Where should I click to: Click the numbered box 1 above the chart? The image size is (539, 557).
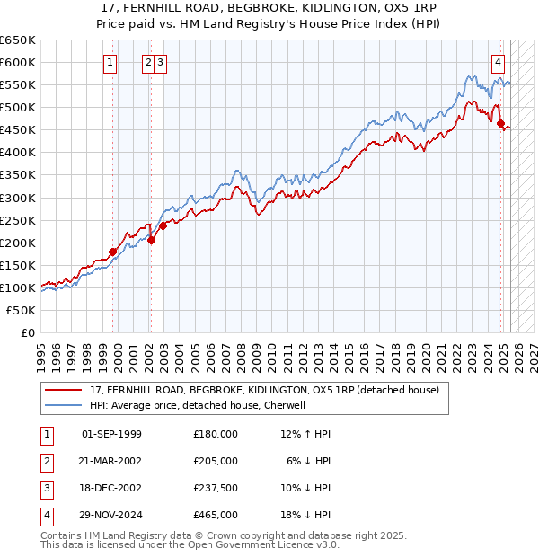click(110, 63)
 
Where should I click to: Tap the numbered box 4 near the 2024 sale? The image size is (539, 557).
click(497, 63)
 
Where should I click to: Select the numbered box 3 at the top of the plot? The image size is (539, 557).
click(159, 63)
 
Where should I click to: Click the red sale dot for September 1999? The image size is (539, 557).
click(113, 252)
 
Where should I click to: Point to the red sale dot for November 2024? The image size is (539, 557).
click(501, 123)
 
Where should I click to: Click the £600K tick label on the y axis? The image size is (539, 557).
click(18, 63)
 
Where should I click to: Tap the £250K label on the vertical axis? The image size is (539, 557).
click(18, 220)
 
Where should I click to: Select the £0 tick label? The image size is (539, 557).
click(25, 332)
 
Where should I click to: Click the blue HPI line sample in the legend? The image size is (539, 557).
click(64, 405)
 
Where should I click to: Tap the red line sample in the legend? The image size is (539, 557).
click(64, 390)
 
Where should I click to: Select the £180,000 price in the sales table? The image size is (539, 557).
click(216, 434)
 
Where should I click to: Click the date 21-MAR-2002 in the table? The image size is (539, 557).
click(111, 461)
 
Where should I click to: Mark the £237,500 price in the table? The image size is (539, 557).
click(216, 488)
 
